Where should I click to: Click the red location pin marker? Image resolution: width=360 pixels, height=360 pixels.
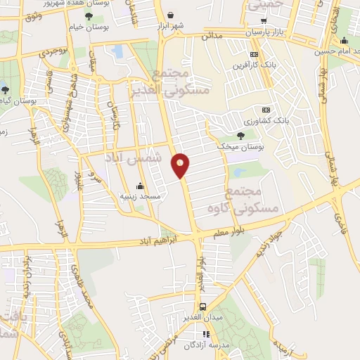(181, 165)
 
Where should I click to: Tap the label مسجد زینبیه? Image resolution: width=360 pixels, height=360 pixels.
(140, 196)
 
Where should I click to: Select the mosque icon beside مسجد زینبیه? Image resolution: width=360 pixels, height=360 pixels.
(140, 186)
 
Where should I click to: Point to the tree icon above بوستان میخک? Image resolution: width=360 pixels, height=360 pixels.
(241, 136)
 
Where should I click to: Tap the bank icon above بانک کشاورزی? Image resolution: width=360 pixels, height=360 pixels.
(266, 110)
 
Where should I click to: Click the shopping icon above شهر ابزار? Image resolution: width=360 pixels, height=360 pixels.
(171, 14)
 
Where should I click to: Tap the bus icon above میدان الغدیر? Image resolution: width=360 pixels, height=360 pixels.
(202, 307)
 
